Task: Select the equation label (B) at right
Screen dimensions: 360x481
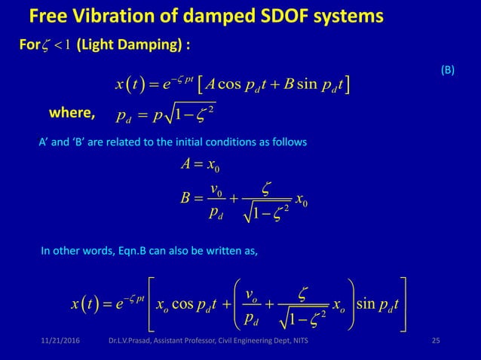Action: point(447,70)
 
